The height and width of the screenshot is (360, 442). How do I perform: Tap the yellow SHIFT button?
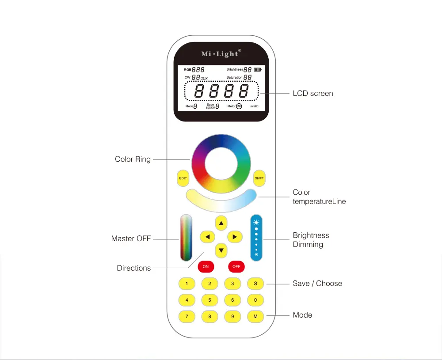(x=259, y=178)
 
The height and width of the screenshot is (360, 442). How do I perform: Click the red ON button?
(x=206, y=266)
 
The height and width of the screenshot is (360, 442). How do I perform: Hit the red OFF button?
(x=236, y=266)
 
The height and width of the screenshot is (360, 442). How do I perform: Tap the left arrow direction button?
(x=207, y=237)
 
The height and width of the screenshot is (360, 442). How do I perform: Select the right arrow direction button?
(x=235, y=237)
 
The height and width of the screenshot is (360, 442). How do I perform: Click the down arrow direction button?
(x=221, y=250)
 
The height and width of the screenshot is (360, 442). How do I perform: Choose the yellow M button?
(x=255, y=316)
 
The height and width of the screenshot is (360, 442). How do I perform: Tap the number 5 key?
(x=210, y=300)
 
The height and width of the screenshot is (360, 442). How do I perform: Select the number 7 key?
(x=187, y=316)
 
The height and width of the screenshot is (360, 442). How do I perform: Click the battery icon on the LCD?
(x=258, y=70)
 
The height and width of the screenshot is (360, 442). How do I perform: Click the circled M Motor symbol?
(x=239, y=106)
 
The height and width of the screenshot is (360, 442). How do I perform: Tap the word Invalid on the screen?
(x=254, y=106)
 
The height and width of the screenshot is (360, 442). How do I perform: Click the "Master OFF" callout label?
(x=131, y=239)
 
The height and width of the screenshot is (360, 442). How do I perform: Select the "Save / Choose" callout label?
(x=317, y=284)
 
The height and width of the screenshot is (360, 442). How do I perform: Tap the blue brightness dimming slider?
(x=256, y=238)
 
